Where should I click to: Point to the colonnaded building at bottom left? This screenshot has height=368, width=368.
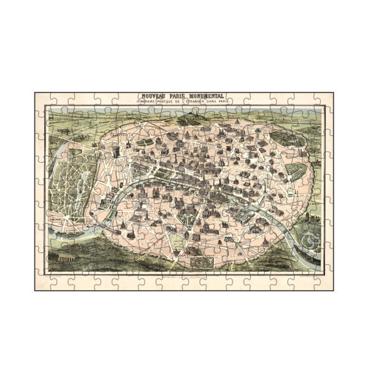(x=61, y=261)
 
